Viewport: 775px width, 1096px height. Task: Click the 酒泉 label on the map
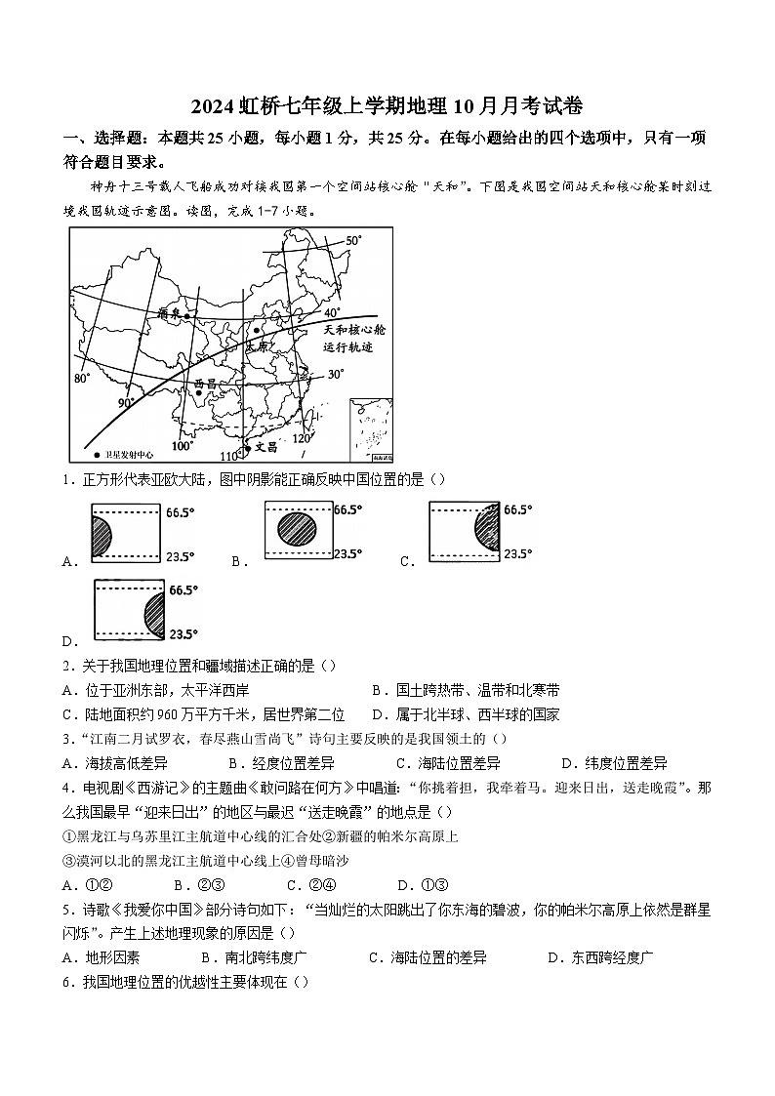tap(170, 313)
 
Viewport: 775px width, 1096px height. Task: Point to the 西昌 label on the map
tap(206, 384)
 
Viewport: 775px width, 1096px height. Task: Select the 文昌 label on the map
tap(265, 447)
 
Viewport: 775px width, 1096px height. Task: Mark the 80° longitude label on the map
tap(82, 378)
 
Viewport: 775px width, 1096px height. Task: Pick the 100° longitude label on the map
tap(183, 446)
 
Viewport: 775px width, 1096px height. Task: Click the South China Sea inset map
tap(371, 427)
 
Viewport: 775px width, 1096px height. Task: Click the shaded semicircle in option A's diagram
tap(101, 537)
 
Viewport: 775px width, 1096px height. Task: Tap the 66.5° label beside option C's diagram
tap(518, 509)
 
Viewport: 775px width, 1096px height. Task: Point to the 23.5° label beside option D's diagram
tap(184, 633)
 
